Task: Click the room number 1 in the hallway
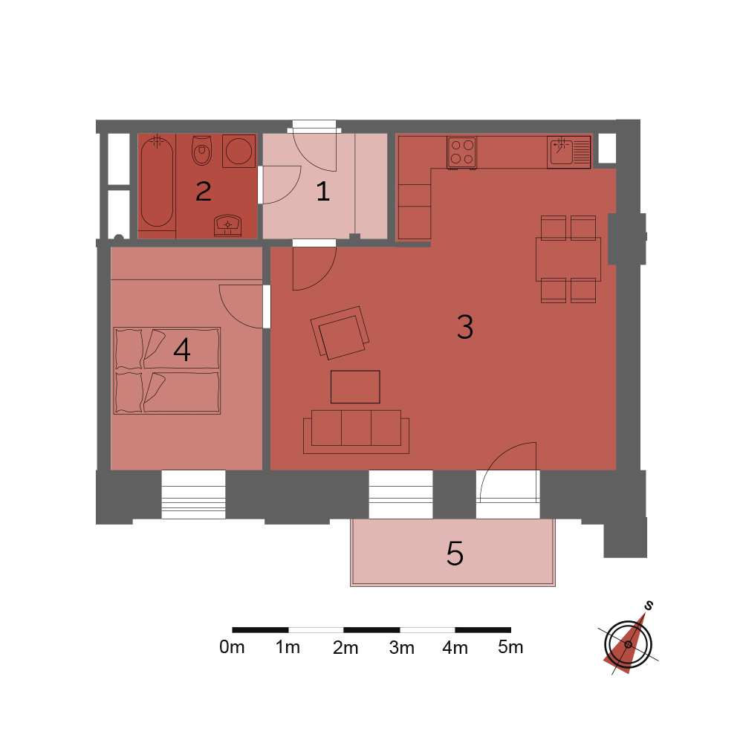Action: (323, 192)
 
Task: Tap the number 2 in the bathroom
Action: (204, 192)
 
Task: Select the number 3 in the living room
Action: (465, 326)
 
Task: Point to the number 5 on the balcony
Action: (455, 553)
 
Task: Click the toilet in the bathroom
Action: (202, 150)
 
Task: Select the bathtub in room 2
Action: (157, 182)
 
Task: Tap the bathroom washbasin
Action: (227, 226)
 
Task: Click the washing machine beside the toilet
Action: (239, 151)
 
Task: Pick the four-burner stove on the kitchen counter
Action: (461, 152)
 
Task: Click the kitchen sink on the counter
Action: (568, 152)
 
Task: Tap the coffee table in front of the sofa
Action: (355, 386)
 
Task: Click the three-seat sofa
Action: (357, 432)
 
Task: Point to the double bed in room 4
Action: (166, 371)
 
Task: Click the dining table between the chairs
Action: (568, 259)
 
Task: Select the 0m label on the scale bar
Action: (232, 647)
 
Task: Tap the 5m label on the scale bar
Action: (510, 647)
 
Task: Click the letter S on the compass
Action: (649, 605)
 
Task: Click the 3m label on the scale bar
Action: (402, 647)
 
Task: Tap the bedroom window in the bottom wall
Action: (193, 494)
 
